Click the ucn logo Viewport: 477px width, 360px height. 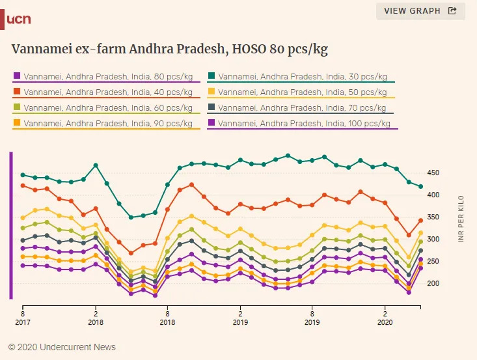tap(18, 20)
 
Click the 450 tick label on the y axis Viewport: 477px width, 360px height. tap(433, 173)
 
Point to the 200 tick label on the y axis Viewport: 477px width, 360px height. tap(433, 284)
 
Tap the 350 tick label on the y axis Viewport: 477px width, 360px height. tap(433, 217)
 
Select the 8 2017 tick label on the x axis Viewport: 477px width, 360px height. tap(23, 316)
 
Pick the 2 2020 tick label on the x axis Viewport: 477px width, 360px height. tap(385, 316)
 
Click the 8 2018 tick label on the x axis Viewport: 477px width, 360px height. tap(167, 316)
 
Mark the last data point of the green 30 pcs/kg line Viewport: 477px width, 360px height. tap(421, 187)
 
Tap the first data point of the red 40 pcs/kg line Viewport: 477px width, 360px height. tap(23, 186)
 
